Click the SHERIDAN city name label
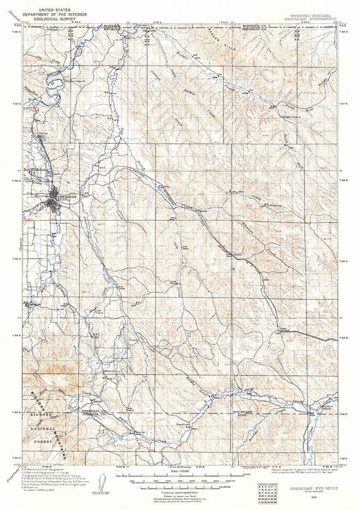(67, 196)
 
